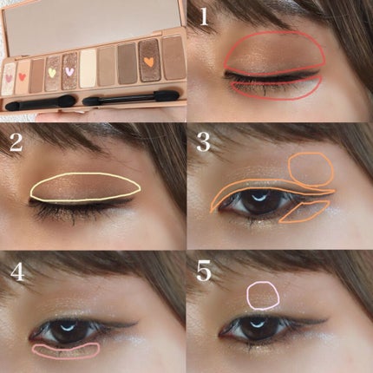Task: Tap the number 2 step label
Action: click(16, 142)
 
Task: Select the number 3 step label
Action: click(203, 142)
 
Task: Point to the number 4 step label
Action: click(17, 272)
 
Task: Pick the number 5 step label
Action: click(204, 272)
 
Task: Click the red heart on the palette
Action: click(22, 76)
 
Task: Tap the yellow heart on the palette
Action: click(52, 73)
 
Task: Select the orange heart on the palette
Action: click(148, 62)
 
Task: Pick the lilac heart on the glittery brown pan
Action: click(69, 71)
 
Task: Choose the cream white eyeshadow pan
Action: click(88, 69)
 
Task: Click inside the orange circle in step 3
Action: click(311, 169)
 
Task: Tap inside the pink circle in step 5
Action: click(263, 295)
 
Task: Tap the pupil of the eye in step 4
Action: click(68, 330)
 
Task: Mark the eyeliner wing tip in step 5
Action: click(330, 319)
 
